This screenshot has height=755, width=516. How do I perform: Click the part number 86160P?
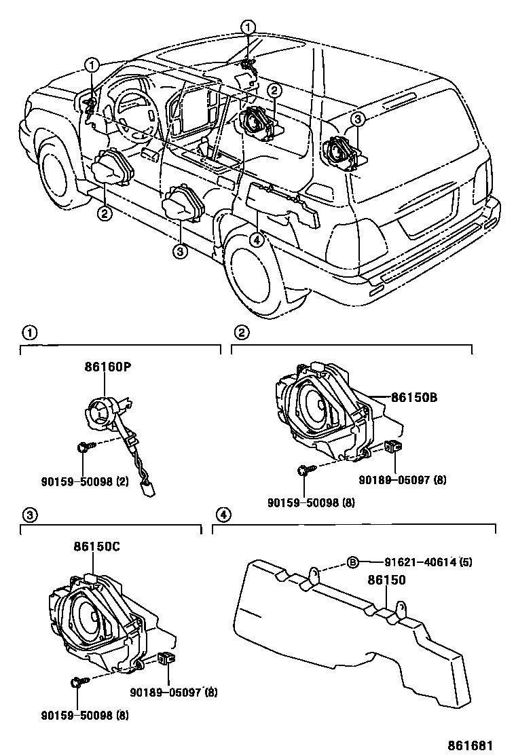point(107,367)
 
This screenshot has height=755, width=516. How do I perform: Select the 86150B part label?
point(413,398)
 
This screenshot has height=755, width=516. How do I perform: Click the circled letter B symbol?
point(352,561)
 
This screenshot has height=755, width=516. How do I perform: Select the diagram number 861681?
point(469,744)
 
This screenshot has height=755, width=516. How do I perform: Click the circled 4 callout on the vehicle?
point(256,239)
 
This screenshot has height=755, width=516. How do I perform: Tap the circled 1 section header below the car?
point(29,333)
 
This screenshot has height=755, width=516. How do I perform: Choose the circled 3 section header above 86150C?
point(29,515)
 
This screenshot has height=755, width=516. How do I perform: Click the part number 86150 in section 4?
point(386,581)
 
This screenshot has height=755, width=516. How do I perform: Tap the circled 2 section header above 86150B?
point(241,333)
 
